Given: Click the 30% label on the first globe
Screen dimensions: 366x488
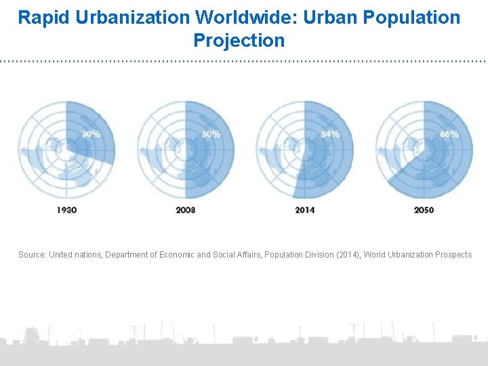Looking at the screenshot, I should (91, 134).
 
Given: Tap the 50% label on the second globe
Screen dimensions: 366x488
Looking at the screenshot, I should (210, 134).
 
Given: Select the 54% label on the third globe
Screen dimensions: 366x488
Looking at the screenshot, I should (330, 134).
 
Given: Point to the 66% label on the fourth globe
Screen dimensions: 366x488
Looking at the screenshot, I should (449, 134).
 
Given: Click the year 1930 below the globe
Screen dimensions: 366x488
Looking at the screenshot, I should (66, 210).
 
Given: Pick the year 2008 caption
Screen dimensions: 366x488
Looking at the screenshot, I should (185, 210).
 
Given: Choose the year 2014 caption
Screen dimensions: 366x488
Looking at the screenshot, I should (304, 210).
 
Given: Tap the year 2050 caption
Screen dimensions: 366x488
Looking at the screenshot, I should (424, 210).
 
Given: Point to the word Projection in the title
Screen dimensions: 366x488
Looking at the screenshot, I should (239, 41).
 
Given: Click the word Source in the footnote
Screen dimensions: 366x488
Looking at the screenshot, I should (31, 255).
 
